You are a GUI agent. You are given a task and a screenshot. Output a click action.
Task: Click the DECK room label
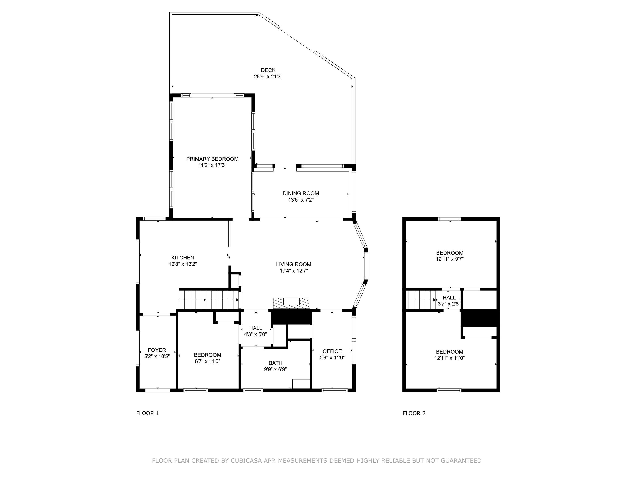268,70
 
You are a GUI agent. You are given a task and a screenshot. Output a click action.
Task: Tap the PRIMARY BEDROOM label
212,159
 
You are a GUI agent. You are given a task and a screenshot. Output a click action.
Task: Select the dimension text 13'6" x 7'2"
301,200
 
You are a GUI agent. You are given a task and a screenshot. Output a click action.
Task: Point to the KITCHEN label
183,258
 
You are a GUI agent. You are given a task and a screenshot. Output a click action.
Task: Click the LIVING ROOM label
294,264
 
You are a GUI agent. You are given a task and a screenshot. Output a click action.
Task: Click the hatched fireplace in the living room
291,303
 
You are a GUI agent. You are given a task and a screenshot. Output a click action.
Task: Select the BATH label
275,363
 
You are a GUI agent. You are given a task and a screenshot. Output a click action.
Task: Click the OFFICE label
332,351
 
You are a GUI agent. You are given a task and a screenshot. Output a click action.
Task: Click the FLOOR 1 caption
148,413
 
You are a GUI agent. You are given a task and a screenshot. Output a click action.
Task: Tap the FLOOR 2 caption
414,413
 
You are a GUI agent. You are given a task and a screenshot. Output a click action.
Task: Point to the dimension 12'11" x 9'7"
450,259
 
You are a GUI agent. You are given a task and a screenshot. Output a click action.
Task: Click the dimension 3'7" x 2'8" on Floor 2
449,304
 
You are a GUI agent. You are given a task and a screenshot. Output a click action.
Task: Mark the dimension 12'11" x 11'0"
449,358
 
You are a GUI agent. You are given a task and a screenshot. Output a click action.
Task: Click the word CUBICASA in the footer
246,461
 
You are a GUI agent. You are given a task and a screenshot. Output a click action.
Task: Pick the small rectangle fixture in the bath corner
301,384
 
